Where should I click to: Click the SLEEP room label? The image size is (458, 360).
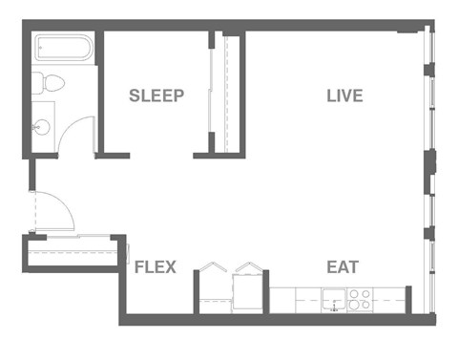coord(156,95)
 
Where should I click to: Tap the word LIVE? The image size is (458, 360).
coord(344,95)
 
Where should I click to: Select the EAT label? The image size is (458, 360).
coord(343,266)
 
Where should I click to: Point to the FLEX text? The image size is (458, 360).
coord(155,267)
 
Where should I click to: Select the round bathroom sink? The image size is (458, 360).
coord(42,126)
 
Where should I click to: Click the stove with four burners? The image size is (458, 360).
coord(360,300)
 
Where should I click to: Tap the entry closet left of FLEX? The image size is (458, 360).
coord(74,253)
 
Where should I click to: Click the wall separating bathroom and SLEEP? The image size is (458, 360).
coord(99,91)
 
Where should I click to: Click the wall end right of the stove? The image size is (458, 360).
coord(408,298)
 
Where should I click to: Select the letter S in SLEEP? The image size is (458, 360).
coord(135,95)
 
